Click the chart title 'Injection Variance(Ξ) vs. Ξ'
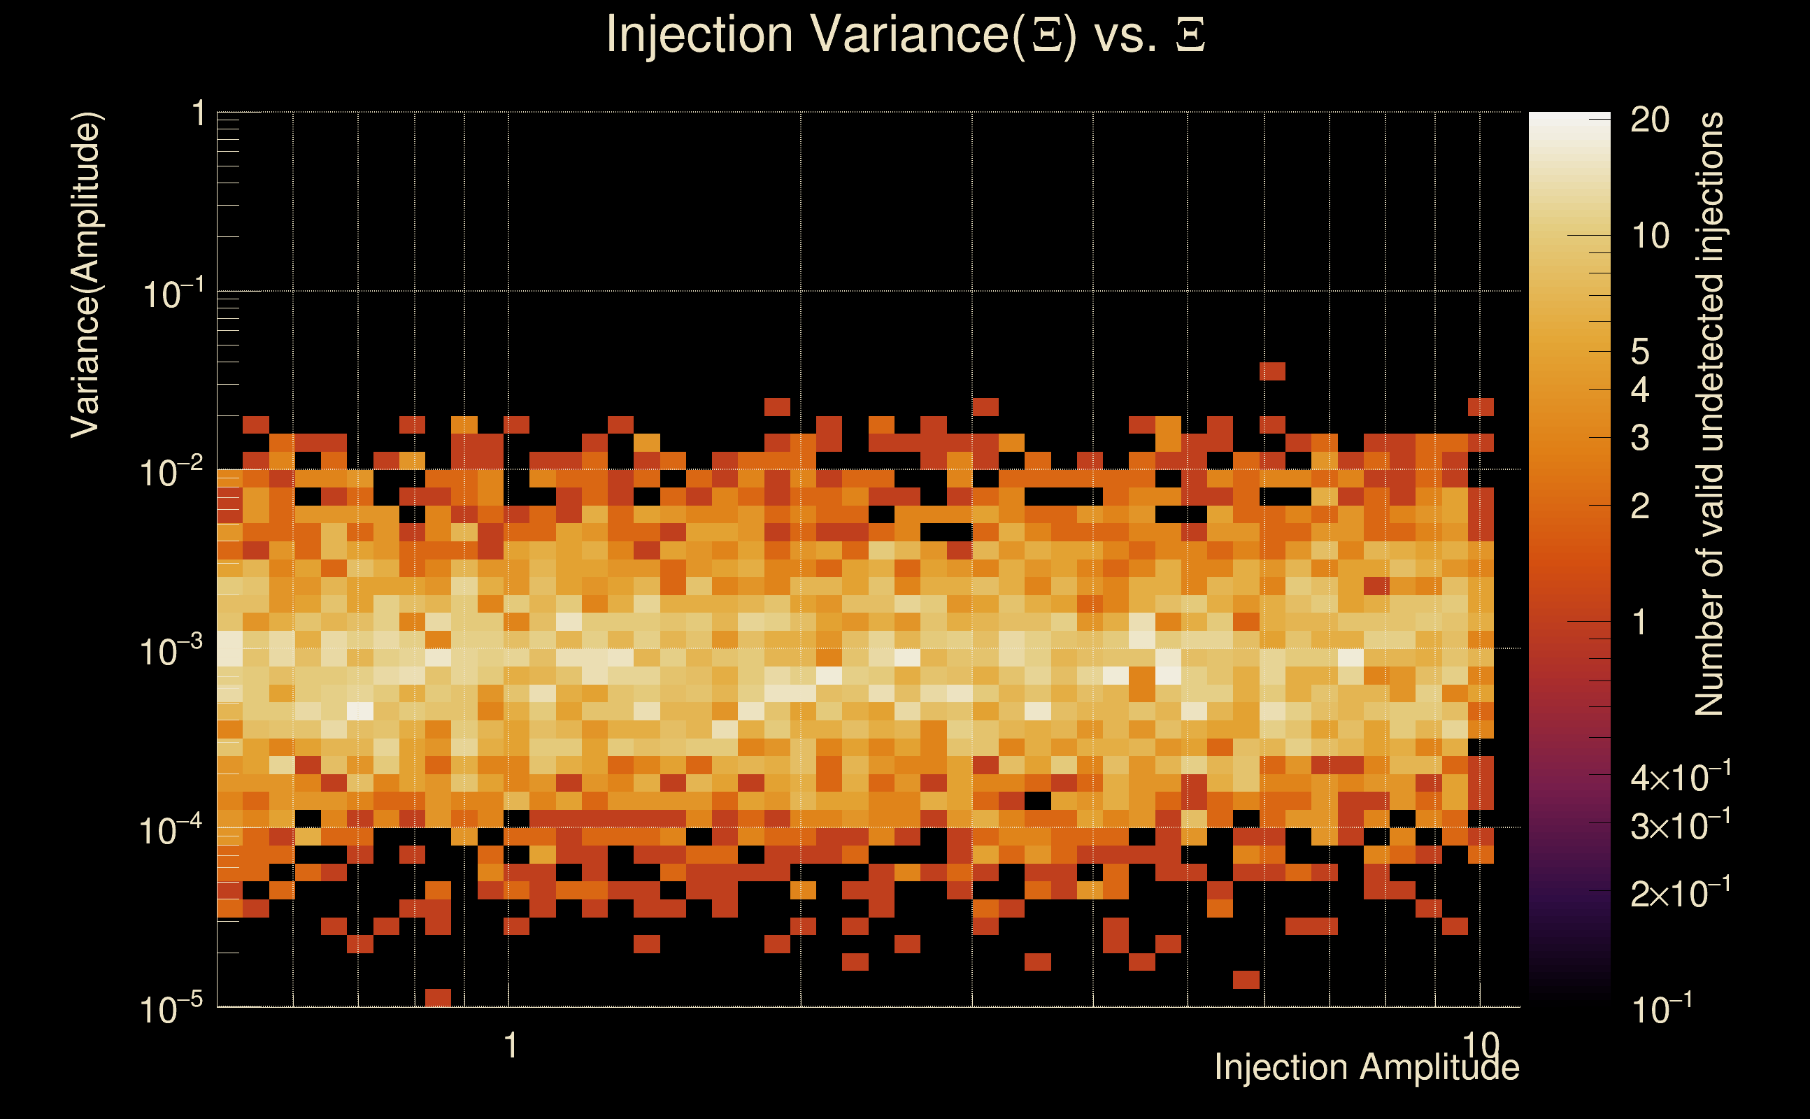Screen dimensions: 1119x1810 pyautogui.click(x=904, y=35)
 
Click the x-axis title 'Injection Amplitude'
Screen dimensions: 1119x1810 pyautogui.click(x=1366, y=1067)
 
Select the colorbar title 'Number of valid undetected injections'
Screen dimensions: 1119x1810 pyautogui.click(x=1709, y=414)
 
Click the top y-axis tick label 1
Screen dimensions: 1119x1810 pyautogui.click(x=198, y=115)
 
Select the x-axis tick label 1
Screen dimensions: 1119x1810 pyautogui.click(x=510, y=1046)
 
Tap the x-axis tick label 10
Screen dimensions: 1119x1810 pyautogui.click(x=1481, y=1046)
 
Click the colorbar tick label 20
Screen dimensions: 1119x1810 pyautogui.click(x=1649, y=120)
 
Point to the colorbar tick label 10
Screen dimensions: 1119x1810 pyautogui.click(x=1649, y=237)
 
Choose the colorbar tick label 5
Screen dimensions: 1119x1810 pyautogui.click(x=1640, y=352)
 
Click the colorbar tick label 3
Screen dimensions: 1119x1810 pyautogui.click(x=1640, y=438)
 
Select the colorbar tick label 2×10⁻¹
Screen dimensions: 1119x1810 pyautogui.click(x=1680, y=894)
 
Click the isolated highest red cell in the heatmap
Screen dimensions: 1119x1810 pyautogui.click(x=1272, y=371)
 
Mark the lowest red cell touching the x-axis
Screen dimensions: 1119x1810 pyautogui.click(x=438, y=997)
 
